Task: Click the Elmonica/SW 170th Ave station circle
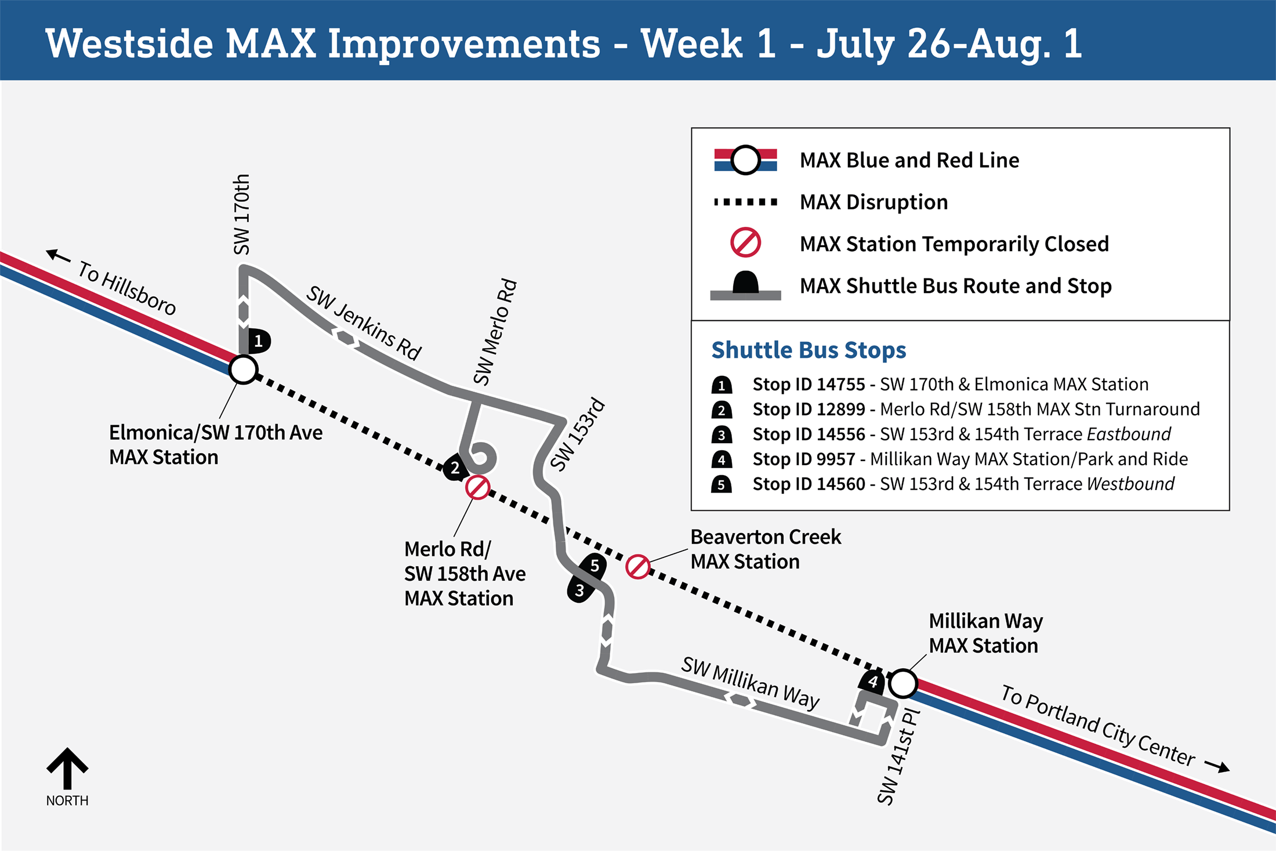243,370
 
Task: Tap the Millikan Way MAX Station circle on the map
902,683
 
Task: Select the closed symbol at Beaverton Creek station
638,567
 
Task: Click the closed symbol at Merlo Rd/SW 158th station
477,487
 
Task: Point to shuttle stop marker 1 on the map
259,341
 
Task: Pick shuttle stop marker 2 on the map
455,468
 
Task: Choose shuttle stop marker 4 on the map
872,682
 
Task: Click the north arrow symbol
67,768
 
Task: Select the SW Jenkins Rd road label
364,323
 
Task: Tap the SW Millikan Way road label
750,683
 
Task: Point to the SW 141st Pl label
898,756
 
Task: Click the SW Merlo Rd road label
495,332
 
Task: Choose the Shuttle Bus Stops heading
809,350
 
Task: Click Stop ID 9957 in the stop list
804,459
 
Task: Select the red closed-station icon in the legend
745,242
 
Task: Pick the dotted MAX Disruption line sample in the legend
746,202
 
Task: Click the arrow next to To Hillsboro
59,255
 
